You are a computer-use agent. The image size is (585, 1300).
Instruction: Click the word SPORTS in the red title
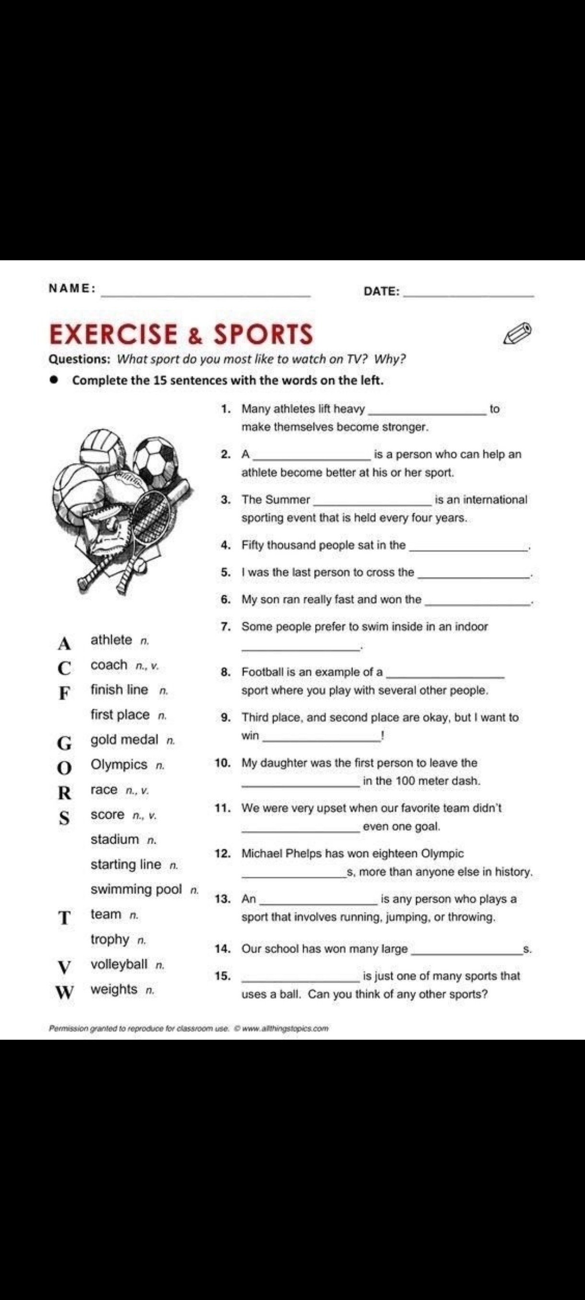point(263,334)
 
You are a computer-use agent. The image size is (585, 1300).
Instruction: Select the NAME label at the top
point(71,288)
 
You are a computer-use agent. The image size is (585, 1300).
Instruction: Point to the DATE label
point(381,291)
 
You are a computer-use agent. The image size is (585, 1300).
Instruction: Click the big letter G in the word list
point(64,743)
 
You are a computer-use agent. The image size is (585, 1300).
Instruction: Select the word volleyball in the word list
point(119,964)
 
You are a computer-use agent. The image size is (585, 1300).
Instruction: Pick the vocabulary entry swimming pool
point(136,889)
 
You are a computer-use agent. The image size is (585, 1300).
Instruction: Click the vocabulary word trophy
point(110,939)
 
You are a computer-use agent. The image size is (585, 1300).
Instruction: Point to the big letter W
point(64,992)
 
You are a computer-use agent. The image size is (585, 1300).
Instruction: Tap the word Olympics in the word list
point(119,765)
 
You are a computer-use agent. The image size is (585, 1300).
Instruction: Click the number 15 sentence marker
point(222,976)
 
